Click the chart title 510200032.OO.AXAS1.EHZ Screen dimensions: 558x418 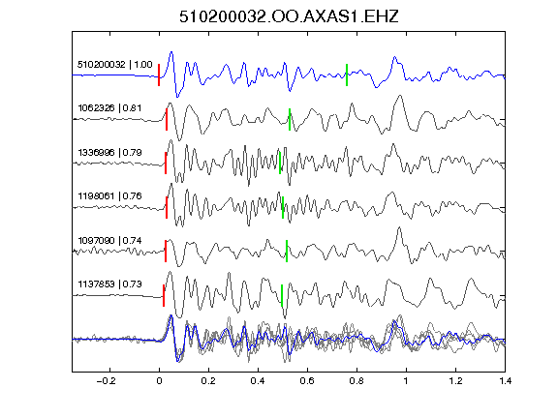click(x=289, y=16)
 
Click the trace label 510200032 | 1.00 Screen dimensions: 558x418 click(x=115, y=64)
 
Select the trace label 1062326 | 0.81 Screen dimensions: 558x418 click(x=109, y=107)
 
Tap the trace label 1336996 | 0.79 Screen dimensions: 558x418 click(x=109, y=152)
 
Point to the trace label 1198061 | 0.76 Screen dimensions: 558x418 click(x=109, y=195)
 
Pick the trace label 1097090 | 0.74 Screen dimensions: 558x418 click(x=109, y=240)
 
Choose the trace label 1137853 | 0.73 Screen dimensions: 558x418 click(x=109, y=284)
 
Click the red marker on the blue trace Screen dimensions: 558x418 click(x=159, y=75)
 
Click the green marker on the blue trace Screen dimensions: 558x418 click(x=347, y=75)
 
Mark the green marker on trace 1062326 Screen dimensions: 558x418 click(x=290, y=119)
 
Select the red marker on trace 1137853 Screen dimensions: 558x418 click(x=164, y=295)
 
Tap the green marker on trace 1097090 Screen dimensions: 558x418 click(x=287, y=252)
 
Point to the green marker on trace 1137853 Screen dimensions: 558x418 click(x=282, y=295)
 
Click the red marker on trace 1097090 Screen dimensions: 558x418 click(x=166, y=252)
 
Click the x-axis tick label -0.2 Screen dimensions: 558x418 click(x=106, y=381)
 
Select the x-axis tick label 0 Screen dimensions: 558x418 click(x=159, y=381)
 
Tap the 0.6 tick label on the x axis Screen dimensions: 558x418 click(x=307, y=381)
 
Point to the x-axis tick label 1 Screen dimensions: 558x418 click(x=406, y=381)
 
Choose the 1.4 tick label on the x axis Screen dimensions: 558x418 click(x=505, y=381)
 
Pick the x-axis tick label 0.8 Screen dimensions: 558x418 click(x=356, y=381)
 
